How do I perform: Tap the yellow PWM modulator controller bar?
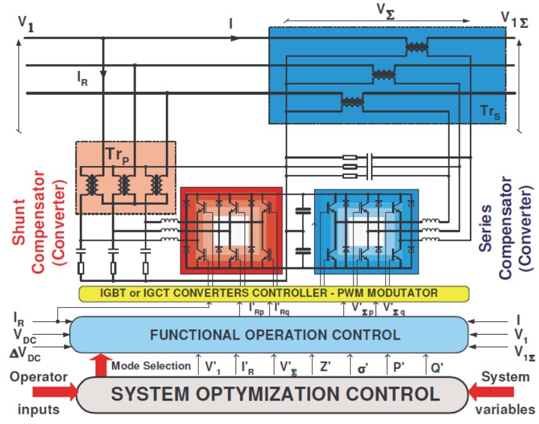click(274, 293)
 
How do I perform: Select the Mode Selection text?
click(151, 366)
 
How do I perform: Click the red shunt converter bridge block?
click(231, 230)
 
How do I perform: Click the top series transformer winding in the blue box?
click(416, 48)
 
